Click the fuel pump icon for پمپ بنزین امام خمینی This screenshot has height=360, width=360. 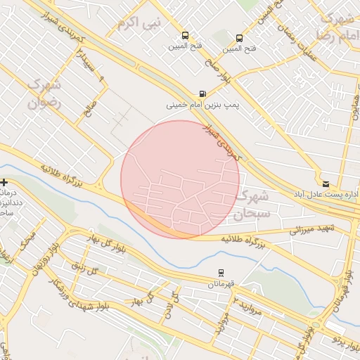(x=203, y=93)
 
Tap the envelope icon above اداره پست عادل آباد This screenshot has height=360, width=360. (x=326, y=183)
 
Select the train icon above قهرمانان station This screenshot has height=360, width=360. (x=221, y=273)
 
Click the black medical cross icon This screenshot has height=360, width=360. (x=5, y=183)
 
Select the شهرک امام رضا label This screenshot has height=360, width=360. (x=335, y=26)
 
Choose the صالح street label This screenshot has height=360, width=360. (x=89, y=110)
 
